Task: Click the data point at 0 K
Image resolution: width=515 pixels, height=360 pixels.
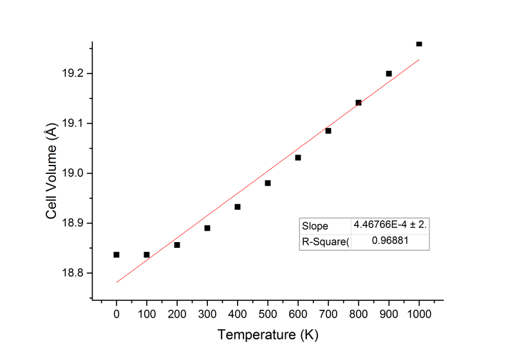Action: tap(117, 254)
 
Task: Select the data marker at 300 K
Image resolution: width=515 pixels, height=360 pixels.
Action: tap(207, 228)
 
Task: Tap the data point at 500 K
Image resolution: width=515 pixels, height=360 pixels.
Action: tap(268, 183)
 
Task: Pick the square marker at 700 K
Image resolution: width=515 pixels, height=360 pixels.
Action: tap(328, 131)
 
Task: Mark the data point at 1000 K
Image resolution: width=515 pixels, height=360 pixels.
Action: tap(419, 44)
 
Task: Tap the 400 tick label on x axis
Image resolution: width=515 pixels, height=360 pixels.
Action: tap(238, 314)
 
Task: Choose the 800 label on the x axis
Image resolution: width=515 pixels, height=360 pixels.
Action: tap(359, 314)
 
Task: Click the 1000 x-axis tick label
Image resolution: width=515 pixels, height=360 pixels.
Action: tap(419, 314)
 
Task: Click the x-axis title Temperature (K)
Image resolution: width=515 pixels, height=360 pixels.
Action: tap(268, 335)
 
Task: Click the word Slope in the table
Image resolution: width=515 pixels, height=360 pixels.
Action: tap(315, 226)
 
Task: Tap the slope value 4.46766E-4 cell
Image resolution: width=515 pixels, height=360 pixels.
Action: tap(389, 226)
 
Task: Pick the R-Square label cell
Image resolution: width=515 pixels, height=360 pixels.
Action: tap(325, 242)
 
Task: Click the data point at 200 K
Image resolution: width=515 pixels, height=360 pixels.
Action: tap(177, 245)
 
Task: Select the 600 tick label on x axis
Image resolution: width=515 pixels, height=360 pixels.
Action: tap(298, 314)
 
